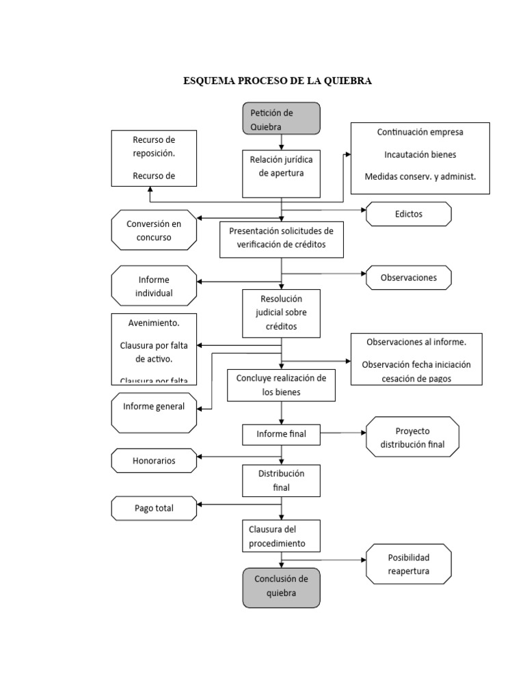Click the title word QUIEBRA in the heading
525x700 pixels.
(x=348, y=81)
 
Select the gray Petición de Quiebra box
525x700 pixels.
(x=281, y=119)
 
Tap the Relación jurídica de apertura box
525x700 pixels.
(x=281, y=166)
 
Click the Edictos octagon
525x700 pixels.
(x=409, y=214)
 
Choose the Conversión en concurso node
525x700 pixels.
(x=154, y=230)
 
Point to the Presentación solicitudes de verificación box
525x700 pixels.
(x=281, y=239)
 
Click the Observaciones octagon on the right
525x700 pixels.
(x=408, y=278)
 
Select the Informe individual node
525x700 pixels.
(x=154, y=286)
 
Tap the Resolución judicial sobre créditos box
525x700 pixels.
(x=281, y=313)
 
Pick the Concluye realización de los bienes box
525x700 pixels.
(x=281, y=386)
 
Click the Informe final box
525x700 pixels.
(x=281, y=433)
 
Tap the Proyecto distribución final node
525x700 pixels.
(x=412, y=437)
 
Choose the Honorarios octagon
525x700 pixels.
(x=154, y=461)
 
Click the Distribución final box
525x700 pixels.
(x=281, y=480)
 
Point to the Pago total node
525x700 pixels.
(x=154, y=508)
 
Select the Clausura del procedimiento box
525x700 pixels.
(x=281, y=537)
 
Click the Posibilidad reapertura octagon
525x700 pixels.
(x=409, y=564)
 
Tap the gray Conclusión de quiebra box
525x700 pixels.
(x=281, y=587)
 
